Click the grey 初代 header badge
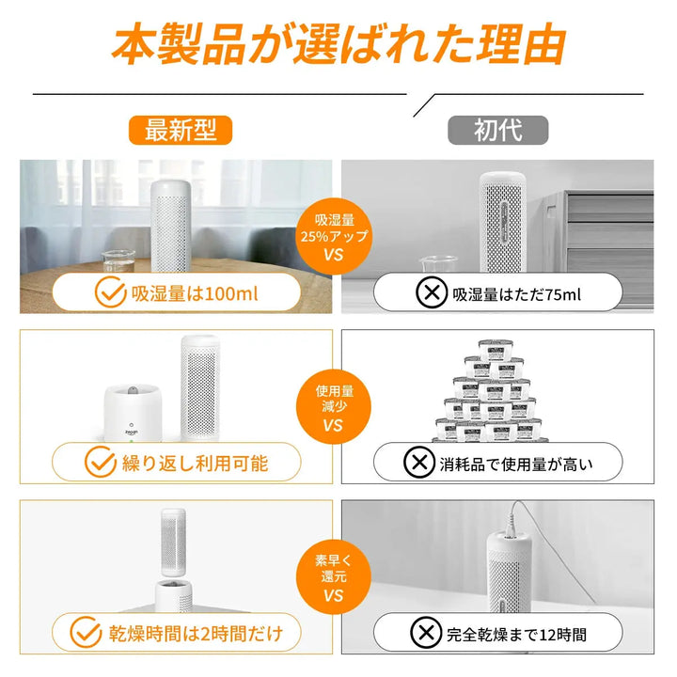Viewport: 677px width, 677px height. click(497, 129)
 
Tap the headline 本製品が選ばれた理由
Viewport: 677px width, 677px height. click(338, 45)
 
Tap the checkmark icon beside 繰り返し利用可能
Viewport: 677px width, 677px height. click(100, 463)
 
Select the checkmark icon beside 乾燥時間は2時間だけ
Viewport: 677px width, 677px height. click(87, 632)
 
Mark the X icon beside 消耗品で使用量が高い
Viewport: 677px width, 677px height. click(417, 463)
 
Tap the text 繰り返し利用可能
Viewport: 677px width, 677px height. click(195, 463)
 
